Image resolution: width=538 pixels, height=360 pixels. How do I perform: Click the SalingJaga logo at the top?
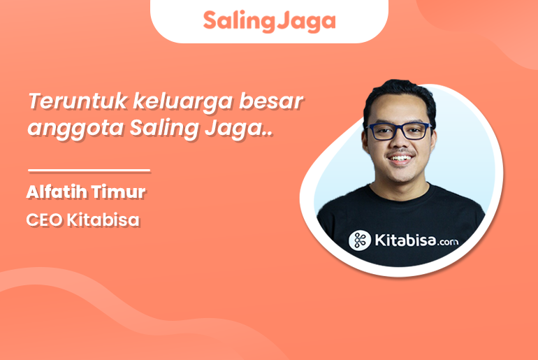[x=269, y=21]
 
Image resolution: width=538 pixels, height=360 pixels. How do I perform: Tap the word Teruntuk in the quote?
[x=78, y=101]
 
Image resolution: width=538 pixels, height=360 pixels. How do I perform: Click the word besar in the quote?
[x=271, y=101]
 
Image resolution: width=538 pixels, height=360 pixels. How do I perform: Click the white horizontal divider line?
[x=89, y=170]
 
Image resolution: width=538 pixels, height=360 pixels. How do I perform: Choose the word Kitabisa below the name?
[x=103, y=219]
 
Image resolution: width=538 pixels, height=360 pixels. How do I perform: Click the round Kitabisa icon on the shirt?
[x=360, y=240]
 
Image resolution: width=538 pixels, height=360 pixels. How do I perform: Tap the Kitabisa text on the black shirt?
[x=405, y=240]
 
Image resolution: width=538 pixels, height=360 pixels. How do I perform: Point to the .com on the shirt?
[x=448, y=242]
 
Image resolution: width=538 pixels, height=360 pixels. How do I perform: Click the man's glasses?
[x=399, y=131]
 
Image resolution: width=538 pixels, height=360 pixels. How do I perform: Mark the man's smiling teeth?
[x=400, y=158]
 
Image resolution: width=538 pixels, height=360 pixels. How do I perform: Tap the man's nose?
[x=399, y=143]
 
